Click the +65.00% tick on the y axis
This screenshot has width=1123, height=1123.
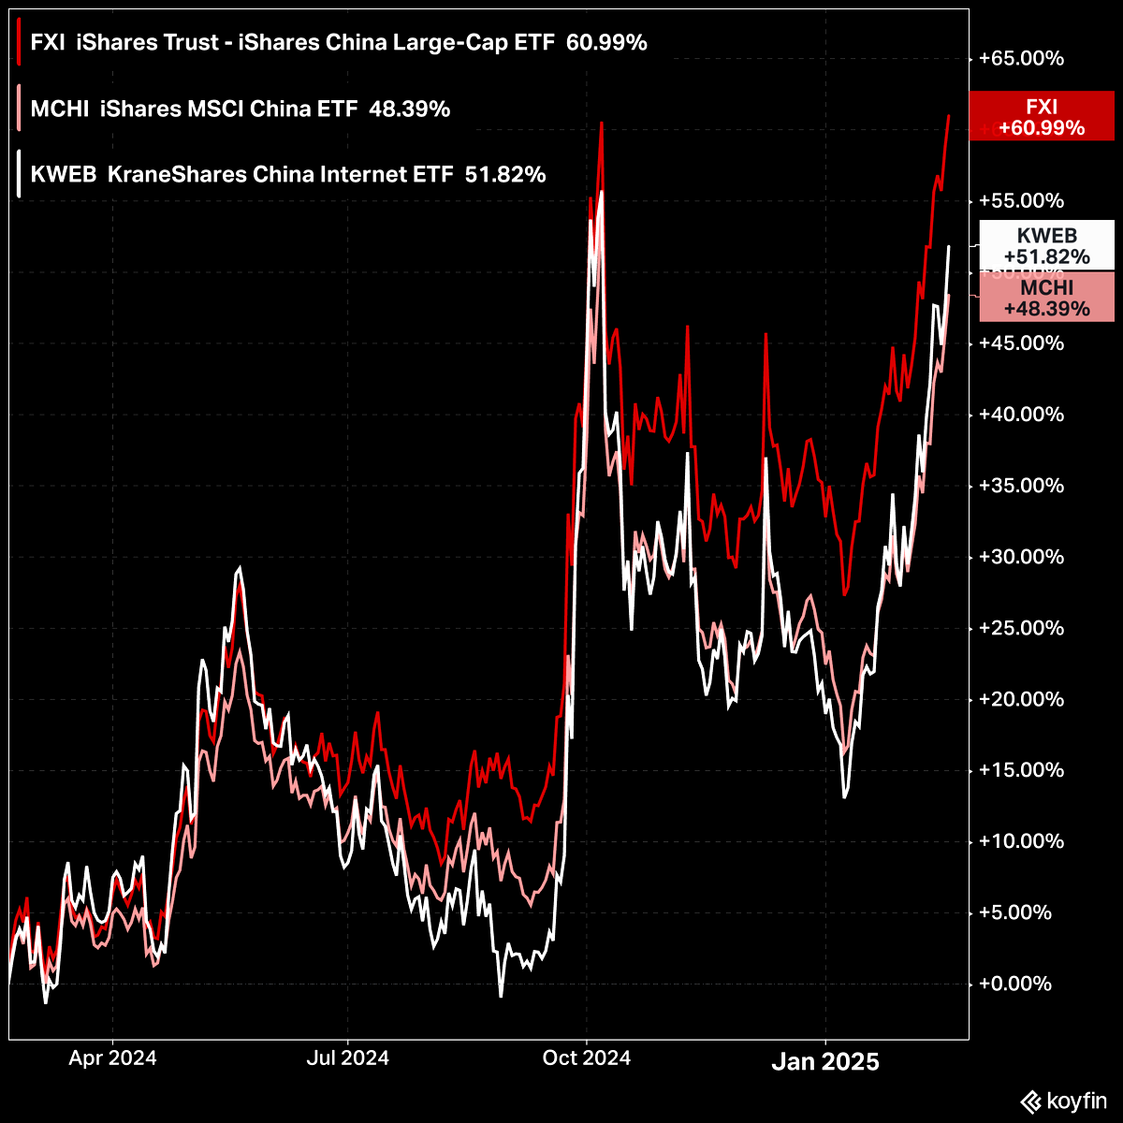1021,59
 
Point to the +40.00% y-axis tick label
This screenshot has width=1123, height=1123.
1021,415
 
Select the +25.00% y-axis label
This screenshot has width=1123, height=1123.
1021,628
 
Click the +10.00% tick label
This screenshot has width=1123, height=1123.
1021,841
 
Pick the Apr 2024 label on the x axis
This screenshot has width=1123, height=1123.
112,1059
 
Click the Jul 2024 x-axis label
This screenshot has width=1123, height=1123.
347,1059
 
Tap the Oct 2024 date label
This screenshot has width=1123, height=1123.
587,1059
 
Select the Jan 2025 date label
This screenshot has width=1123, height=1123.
824,1062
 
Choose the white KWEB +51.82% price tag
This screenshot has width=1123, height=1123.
1046,245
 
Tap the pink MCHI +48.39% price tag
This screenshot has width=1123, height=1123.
1046,298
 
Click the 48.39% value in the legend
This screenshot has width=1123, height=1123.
410,109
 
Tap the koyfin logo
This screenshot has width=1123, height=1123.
1063,1101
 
